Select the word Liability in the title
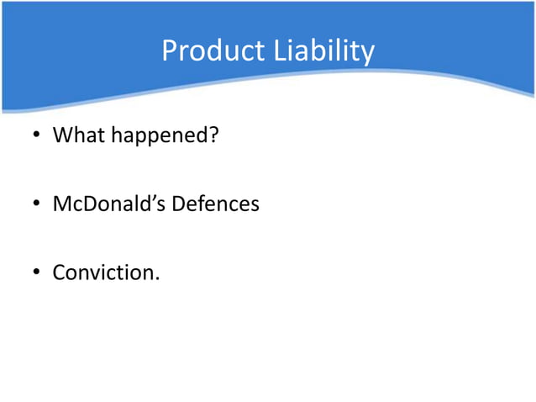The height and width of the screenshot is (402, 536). click(x=323, y=51)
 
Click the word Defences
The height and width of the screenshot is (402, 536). click(x=216, y=204)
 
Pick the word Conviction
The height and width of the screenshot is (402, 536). click(x=103, y=272)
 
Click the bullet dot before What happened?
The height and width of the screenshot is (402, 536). click(x=36, y=135)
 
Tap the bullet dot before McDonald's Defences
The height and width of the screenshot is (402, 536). click(x=36, y=204)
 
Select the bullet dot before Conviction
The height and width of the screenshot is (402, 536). click(x=36, y=273)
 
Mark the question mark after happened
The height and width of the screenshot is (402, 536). click(x=213, y=134)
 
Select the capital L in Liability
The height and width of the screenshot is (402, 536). click(x=278, y=51)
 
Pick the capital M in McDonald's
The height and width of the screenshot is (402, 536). click(x=62, y=204)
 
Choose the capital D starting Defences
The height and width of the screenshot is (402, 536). click(x=179, y=204)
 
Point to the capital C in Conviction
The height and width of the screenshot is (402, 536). click(x=59, y=272)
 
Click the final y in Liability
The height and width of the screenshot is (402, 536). click(x=367, y=55)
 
